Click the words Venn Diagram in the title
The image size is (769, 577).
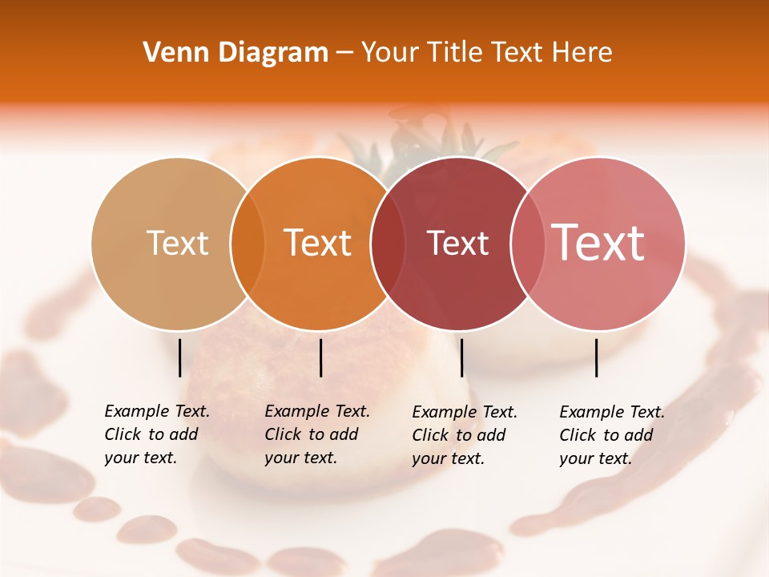[236, 53]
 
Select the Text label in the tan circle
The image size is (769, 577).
[177, 243]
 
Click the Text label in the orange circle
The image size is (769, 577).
[317, 243]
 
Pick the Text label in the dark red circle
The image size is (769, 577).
[457, 243]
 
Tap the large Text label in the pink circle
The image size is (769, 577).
[598, 243]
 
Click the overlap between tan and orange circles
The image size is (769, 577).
[248, 244]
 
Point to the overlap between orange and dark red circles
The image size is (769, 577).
[388, 244]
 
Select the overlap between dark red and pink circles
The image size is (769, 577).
[528, 244]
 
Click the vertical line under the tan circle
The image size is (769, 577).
[179, 357]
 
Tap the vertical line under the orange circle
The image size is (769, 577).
[320, 357]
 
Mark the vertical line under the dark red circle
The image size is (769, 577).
[461, 357]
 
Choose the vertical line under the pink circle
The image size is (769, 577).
[596, 357]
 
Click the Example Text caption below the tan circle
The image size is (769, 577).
[156, 434]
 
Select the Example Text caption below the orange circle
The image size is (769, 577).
[316, 434]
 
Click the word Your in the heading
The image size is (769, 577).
[390, 53]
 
